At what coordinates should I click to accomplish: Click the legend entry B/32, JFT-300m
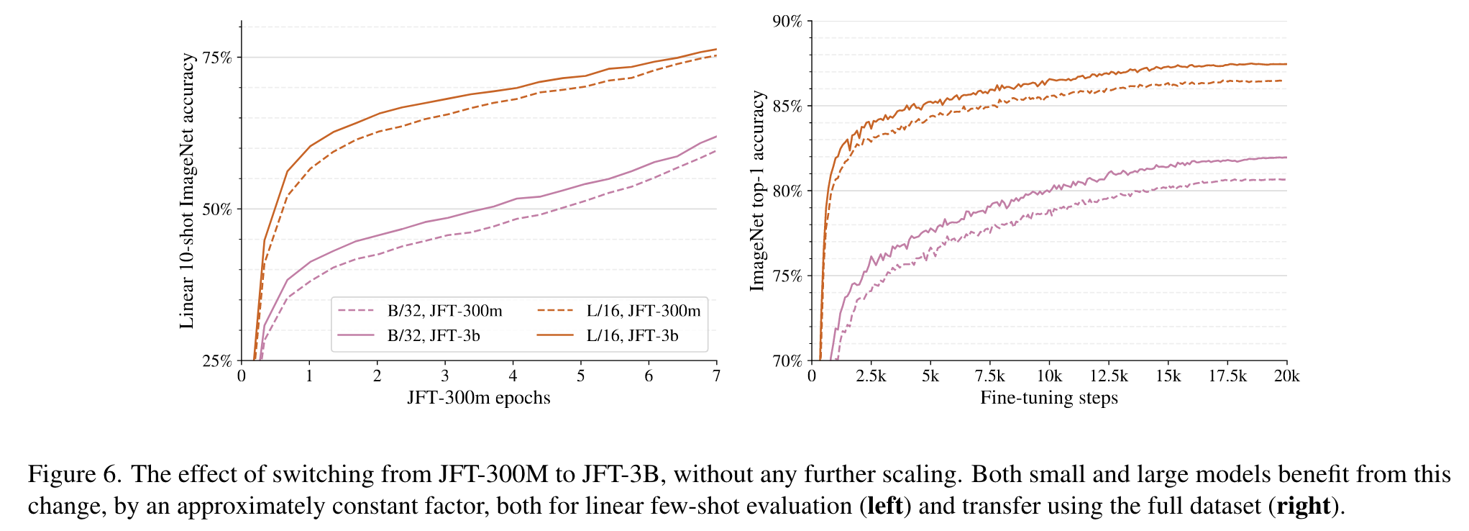(444, 311)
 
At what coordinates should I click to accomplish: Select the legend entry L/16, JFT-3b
(632, 336)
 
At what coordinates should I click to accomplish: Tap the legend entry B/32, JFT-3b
(434, 336)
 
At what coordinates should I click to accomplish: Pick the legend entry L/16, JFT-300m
(643, 311)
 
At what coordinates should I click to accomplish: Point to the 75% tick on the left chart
(217, 58)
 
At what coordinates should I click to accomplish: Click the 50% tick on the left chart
(217, 209)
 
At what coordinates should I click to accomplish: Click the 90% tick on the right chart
(787, 22)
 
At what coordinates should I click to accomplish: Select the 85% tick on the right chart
(787, 106)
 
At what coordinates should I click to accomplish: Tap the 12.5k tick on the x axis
(1109, 376)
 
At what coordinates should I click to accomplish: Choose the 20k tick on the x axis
(1286, 376)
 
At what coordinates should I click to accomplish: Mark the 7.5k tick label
(989, 376)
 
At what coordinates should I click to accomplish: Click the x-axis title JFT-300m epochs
(479, 398)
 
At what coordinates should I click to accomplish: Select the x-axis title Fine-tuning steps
(1049, 398)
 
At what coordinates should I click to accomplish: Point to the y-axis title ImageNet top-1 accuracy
(757, 191)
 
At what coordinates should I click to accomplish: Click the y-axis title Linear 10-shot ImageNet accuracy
(187, 191)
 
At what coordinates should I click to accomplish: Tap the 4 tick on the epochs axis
(513, 376)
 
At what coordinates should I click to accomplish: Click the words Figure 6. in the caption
(75, 475)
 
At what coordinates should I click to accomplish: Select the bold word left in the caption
(885, 507)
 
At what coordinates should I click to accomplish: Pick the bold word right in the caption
(1303, 507)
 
